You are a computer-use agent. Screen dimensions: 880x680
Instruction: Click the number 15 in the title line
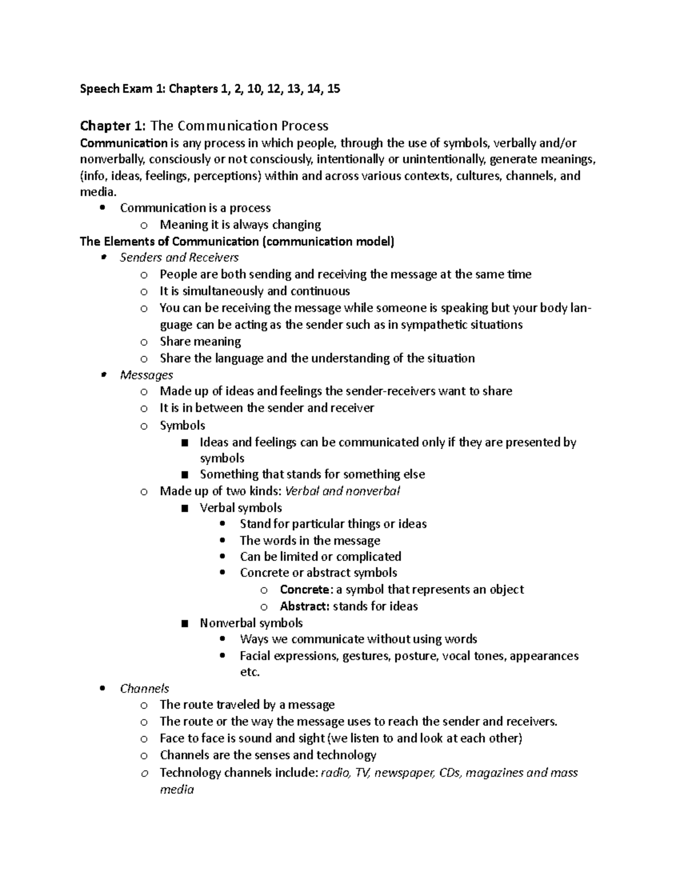click(x=333, y=88)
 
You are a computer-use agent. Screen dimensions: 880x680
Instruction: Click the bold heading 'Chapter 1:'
click(x=113, y=125)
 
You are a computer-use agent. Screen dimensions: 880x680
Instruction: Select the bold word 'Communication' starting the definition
click(x=124, y=143)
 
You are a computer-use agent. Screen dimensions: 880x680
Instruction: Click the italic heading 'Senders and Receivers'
click(x=179, y=258)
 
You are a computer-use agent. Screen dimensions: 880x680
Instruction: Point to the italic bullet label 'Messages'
click(x=146, y=375)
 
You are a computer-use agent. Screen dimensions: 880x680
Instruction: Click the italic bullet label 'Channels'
click(x=144, y=688)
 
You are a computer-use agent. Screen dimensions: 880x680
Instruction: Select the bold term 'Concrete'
click(x=304, y=589)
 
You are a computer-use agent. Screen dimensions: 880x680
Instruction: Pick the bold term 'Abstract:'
click(x=304, y=606)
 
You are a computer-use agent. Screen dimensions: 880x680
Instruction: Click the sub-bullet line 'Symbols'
click(x=182, y=425)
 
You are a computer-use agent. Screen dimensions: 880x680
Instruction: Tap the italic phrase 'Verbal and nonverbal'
click(x=343, y=491)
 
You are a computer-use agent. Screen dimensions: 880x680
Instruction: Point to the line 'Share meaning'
click(x=200, y=342)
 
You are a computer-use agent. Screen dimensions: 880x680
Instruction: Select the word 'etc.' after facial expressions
click(x=250, y=672)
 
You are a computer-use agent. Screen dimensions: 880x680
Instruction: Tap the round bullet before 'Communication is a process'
click(x=103, y=208)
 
